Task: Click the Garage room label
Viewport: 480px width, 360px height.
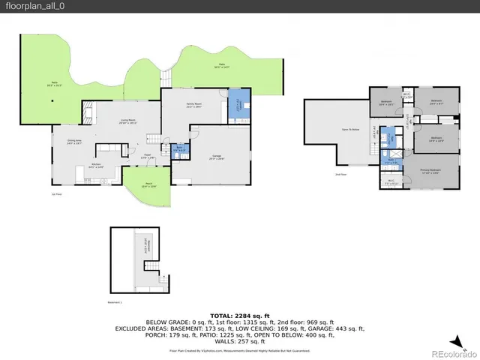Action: point(217,157)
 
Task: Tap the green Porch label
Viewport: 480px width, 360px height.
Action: point(148,185)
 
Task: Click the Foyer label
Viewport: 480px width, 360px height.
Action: point(148,157)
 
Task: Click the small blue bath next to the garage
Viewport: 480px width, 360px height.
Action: point(178,149)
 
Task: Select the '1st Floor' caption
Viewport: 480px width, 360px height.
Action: point(56,193)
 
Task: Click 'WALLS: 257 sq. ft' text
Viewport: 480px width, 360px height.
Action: point(239,341)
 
